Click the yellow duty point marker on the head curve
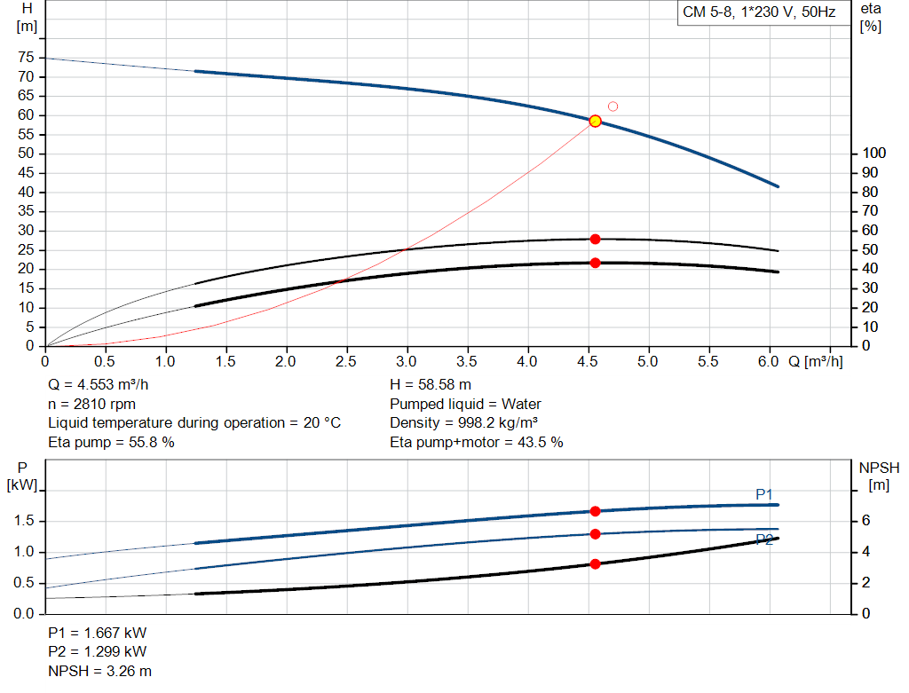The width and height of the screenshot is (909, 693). coord(595,121)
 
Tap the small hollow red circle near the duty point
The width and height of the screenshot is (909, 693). coord(613,106)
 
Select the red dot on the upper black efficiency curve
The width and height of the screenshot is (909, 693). coord(595,240)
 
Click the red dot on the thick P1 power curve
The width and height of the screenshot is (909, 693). coord(595,511)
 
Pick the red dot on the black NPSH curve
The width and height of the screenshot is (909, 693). coord(595,563)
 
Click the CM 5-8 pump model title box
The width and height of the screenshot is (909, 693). coord(760,12)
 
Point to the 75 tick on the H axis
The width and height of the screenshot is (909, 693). coord(26,58)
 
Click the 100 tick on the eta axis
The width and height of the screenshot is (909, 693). coord(873,153)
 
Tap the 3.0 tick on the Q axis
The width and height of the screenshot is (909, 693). coord(407,361)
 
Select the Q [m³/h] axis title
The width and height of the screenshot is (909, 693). coord(815,361)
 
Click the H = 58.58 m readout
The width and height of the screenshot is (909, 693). coord(431,385)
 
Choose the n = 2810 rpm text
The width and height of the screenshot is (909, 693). coord(91,404)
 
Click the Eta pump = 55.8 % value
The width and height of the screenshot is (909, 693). coord(111,442)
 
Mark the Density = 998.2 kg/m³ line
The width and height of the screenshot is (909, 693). coord(463,423)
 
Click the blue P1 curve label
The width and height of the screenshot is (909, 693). coord(764,494)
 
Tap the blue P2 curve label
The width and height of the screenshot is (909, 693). coord(764,540)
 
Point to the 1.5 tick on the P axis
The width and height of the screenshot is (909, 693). coord(24,520)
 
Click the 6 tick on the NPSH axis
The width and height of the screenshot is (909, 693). coord(866,520)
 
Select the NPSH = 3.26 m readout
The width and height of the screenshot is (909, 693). coord(99,671)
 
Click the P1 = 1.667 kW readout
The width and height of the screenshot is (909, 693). coord(98,633)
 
